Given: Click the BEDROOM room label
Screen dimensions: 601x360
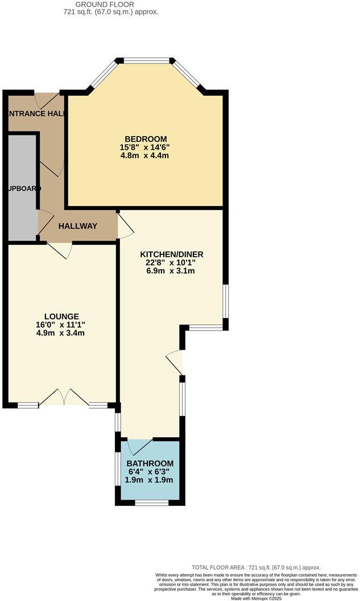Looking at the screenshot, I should point(146,139).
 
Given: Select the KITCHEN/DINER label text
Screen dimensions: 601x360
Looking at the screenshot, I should point(172,254).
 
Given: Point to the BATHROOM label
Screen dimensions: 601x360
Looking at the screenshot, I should point(150,463).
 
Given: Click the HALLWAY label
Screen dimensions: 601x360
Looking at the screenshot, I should point(78,226).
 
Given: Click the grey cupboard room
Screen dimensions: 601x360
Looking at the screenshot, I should point(22,188).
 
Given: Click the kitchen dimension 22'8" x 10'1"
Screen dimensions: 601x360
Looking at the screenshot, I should point(172,262).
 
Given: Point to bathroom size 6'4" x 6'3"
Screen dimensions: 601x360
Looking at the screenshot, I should point(149,472).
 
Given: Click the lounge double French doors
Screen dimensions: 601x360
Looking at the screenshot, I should point(64,397).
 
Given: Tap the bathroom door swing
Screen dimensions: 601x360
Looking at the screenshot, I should point(139,447).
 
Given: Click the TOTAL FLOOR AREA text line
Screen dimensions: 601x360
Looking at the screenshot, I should point(256,567).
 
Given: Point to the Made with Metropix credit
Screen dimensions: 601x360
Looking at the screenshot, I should point(257,597).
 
